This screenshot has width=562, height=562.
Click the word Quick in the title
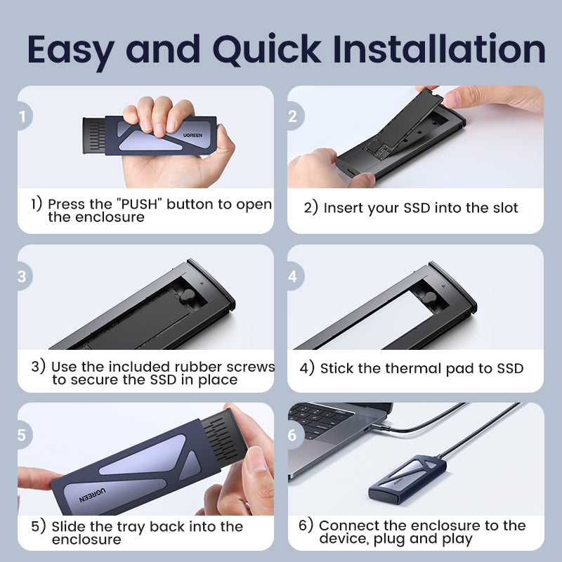pos(267,50)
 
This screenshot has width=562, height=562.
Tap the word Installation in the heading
pos(439,48)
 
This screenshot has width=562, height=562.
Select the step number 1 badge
pos(24,116)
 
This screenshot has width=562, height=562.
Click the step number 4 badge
pos(295,276)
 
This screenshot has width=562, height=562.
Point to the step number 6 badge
pos(295,435)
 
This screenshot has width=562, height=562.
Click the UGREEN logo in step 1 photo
pos(192,135)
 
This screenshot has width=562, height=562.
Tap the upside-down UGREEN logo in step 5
pos(93,495)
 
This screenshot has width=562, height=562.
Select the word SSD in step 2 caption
pos(417,208)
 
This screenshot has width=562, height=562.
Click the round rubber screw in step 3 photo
pos(188,295)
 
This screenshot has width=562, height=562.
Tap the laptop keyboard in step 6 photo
pos(319,420)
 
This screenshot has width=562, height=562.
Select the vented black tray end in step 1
pos(94,136)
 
